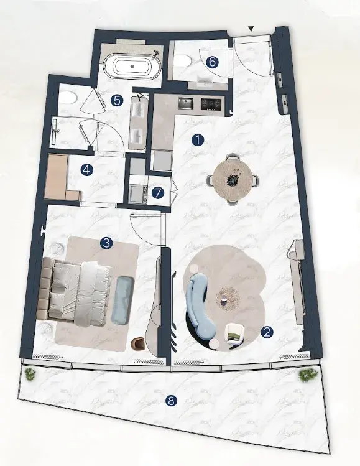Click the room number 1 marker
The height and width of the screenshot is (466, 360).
tap(198, 140)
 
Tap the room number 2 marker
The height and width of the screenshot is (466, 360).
tap(267, 332)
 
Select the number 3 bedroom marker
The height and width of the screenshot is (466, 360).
tap(106, 243)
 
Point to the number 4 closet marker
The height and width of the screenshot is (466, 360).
tap(87, 170)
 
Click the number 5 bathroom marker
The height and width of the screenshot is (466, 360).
tap(117, 100)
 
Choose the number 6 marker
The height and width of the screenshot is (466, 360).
tap(213, 62)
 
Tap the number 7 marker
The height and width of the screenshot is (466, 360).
tap(158, 193)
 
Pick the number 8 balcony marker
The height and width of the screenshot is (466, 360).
tap(171, 401)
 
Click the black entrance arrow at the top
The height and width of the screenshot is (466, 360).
tap(251, 29)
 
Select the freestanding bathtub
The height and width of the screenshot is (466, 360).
tap(132, 67)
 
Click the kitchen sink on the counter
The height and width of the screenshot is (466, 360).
tap(185, 103)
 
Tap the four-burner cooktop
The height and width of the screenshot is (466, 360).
tap(211, 104)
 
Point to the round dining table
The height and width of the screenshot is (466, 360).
tap(233, 179)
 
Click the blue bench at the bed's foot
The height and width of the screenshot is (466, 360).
tap(123, 300)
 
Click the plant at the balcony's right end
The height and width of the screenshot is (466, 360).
tap(308, 375)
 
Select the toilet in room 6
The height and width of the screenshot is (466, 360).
tap(182, 62)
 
